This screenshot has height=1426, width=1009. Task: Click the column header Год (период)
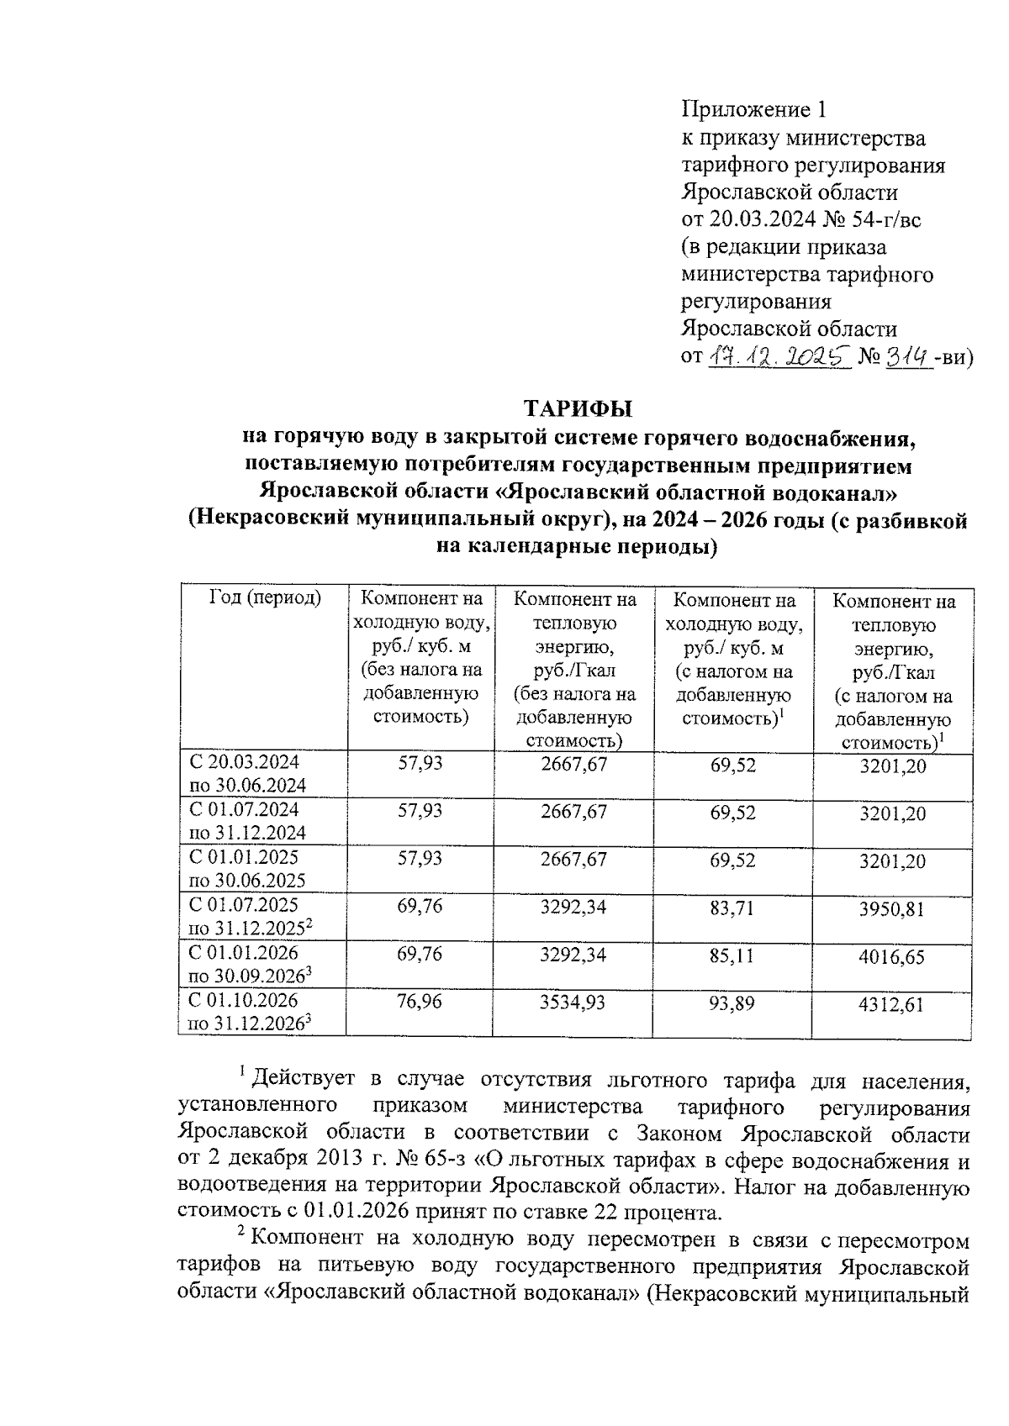(265, 599)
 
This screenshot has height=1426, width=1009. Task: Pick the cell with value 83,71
(732, 908)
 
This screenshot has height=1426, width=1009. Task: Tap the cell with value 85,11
(732, 955)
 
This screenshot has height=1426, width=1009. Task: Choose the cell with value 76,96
(420, 1002)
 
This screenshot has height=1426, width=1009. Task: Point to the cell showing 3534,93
(575, 1002)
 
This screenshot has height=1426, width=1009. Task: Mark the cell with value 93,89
(732, 1002)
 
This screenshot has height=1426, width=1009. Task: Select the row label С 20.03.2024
(244, 763)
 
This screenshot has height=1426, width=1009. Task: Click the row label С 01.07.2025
(244, 906)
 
